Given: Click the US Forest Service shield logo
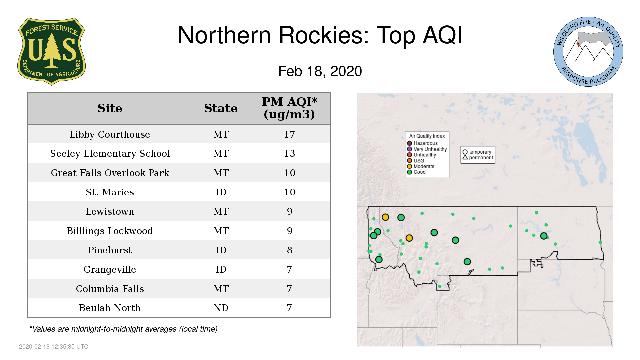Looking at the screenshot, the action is click(51, 51).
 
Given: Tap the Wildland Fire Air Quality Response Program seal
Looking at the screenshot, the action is click(588, 52).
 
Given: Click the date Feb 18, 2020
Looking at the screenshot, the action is click(320, 71).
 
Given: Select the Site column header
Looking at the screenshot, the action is click(110, 108).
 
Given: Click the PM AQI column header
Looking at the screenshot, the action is click(289, 108).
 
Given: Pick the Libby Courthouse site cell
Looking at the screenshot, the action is click(110, 134).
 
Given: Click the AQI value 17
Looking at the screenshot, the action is click(289, 134).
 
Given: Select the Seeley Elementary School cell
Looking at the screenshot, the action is click(110, 153).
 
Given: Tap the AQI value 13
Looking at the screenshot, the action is click(289, 153).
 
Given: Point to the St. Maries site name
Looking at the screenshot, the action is click(110, 192).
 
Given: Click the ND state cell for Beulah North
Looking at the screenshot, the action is click(221, 308).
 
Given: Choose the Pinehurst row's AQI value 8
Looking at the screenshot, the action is click(289, 250).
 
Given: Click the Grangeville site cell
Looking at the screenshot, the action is click(110, 269).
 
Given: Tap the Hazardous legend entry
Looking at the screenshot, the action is click(422, 143).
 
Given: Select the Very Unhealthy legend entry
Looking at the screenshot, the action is click(427, 149).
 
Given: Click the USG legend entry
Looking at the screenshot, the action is click(416, 161).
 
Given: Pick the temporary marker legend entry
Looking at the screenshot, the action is click(477, 152).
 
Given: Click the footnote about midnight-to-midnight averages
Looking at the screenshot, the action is click(123, 329).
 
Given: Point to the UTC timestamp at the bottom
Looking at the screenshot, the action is click(54, 347).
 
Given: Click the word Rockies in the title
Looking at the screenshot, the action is click(323, 35).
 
